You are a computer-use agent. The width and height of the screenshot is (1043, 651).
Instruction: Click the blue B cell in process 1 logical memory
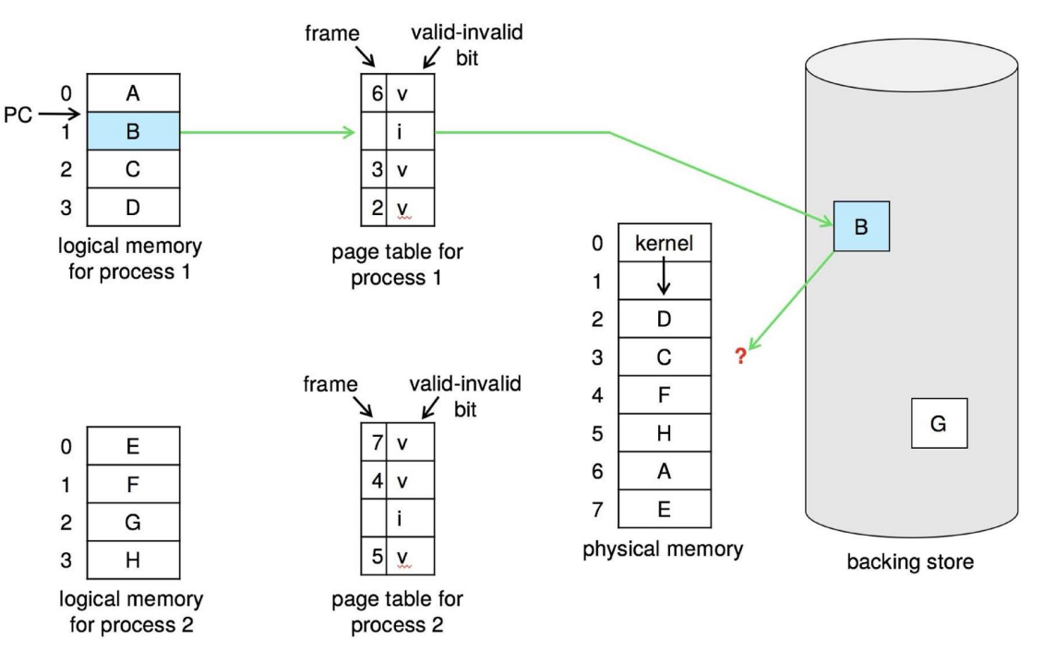click(133, 131)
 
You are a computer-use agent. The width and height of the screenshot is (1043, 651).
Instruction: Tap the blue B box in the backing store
click(861, 226)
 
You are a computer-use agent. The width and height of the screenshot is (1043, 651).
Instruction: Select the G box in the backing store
click(940, 423)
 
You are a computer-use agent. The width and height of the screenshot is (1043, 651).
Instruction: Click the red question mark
click(741, 356)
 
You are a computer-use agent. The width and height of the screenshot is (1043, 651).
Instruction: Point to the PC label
click(18, 115)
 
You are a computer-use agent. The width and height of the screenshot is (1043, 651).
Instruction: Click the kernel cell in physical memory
click(665, 243)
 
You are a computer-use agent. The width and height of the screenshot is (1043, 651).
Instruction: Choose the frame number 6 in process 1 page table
click(378, 93)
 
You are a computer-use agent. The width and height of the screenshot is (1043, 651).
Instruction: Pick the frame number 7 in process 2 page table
click(378, 442)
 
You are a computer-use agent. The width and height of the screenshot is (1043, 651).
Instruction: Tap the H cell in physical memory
click(665, 433)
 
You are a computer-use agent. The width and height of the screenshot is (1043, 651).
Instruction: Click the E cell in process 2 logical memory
click(133, 446)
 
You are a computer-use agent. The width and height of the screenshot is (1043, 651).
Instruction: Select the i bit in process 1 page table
click(399, 132)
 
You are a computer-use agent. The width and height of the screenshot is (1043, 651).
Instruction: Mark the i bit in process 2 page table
click(399, 518)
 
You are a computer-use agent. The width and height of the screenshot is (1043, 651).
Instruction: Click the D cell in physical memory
click(665, 319)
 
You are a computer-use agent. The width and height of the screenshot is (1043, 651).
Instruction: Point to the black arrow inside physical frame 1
click(664, 275)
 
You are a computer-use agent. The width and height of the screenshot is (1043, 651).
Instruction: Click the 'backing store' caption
click(910, 561)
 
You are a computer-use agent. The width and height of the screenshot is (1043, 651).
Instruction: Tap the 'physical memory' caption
click(663, 549)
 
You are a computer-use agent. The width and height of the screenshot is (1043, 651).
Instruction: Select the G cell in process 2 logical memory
click(133, 522)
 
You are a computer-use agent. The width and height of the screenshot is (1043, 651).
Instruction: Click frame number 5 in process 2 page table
click(378, 556)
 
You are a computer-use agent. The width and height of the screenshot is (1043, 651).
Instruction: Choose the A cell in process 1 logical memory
click(133, 93)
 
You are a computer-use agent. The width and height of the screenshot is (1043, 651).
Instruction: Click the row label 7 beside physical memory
click(597, 510)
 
